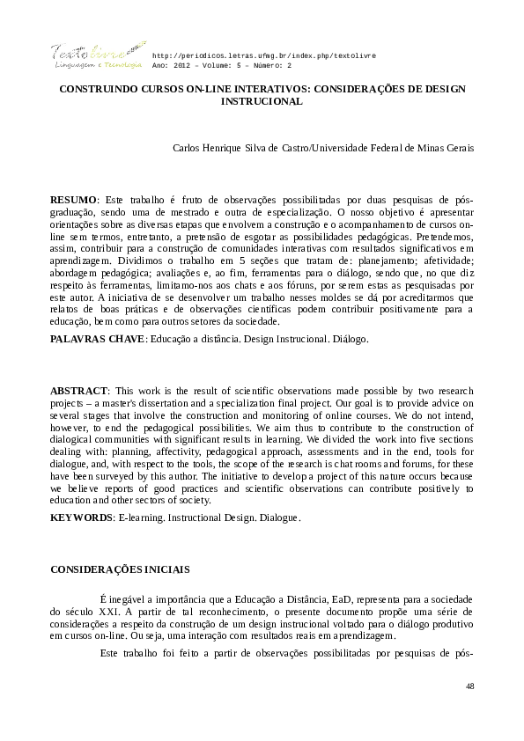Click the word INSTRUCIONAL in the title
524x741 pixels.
pyautogui.click(x=262, y=101)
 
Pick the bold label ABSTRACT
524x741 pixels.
pyautogui.click(x=78, y=390)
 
